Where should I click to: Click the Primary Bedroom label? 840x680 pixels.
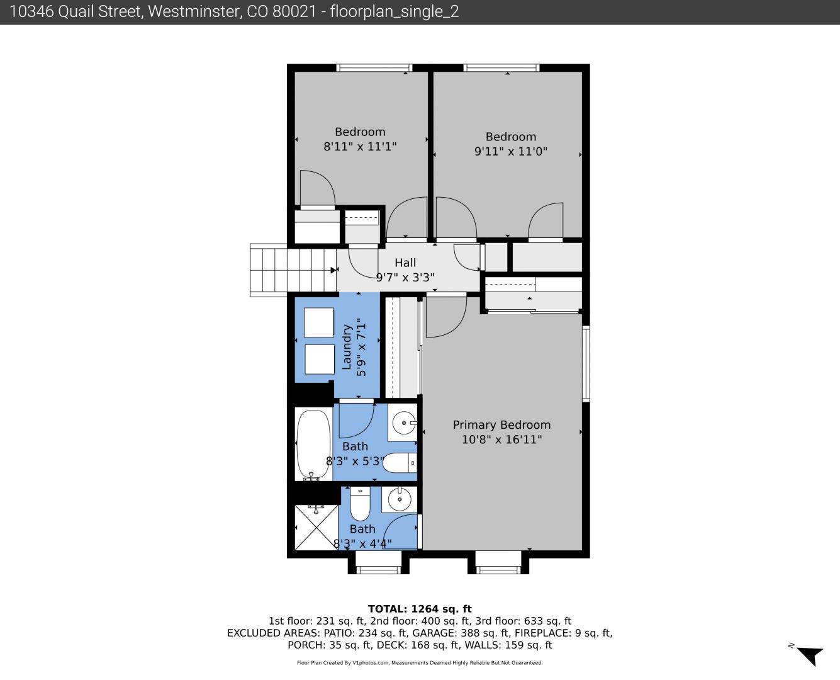tap(501, 425)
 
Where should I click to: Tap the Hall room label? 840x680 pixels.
tap(405, 263)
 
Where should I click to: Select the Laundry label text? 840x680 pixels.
tap(347, 347)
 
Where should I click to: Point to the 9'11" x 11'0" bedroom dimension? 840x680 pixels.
tap(511, 151)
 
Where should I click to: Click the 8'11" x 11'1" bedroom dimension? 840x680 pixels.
tap(360, 147)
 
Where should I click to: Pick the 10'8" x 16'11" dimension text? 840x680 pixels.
tap(501, 439)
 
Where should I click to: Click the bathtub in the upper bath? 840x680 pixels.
tap(313, 444)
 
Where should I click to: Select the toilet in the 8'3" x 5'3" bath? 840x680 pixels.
tap(400, 463)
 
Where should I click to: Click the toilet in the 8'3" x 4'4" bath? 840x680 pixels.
tap(360, 504)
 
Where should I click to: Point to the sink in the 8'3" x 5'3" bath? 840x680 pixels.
tap(403, 423)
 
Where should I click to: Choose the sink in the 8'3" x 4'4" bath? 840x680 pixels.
tap(400, 500)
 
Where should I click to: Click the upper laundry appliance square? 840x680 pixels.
tap(319, 322)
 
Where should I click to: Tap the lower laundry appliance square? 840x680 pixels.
tap(320, 359)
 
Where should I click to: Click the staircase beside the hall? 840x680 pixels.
tap(293, 270)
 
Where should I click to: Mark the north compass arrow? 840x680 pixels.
tap(811, 656)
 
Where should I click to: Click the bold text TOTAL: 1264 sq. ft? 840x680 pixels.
tap(420, 609)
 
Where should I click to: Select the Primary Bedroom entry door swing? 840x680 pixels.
tap(446, 317)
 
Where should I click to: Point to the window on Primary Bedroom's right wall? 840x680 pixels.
tap(586, 364)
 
